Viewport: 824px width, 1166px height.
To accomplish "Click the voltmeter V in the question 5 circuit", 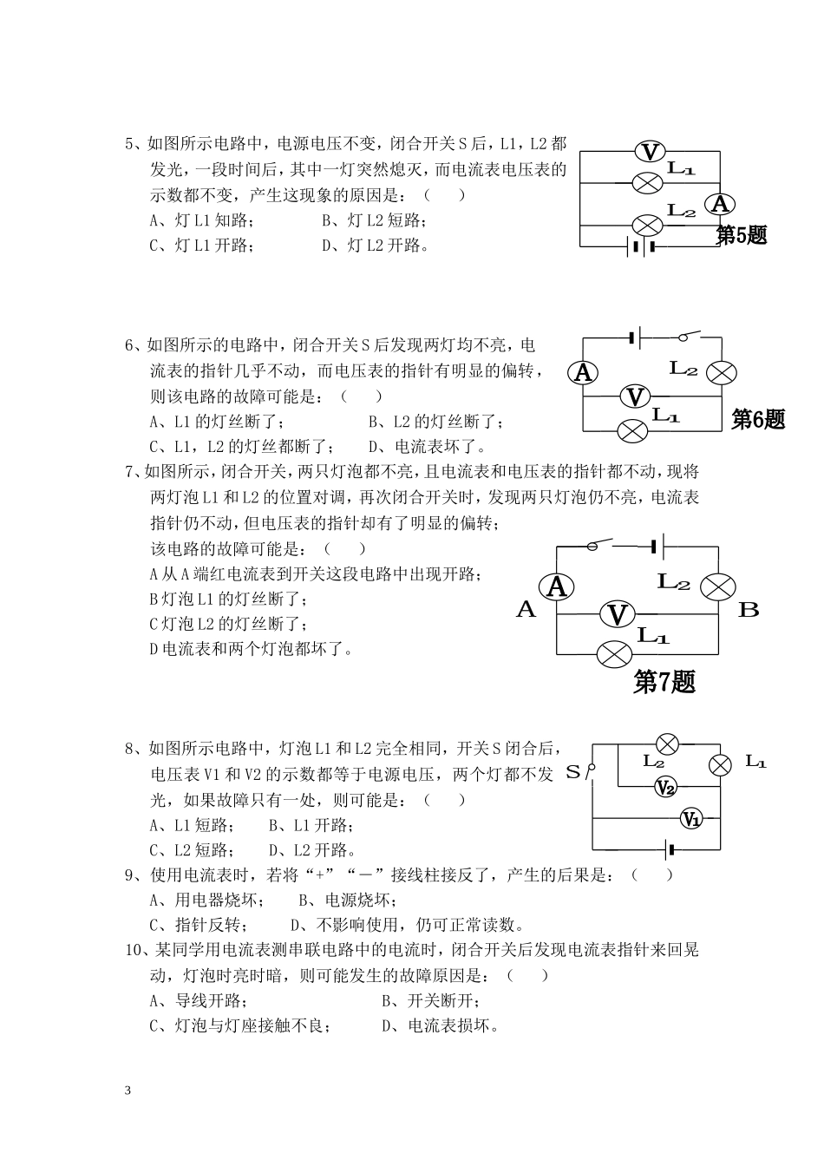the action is click(649, 153).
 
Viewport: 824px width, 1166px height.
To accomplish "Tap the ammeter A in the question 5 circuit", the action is click(719, 204).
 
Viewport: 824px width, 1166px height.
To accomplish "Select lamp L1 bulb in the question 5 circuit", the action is click(646, 183).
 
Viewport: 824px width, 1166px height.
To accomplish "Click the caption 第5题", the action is click(742, 234).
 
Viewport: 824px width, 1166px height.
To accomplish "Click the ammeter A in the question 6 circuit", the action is click(584, 373).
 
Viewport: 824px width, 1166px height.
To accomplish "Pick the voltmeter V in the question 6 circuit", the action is click(636, 396).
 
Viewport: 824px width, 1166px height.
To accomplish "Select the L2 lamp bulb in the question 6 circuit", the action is click(722, 373).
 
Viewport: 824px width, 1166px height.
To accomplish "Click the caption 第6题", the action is click(758, 419).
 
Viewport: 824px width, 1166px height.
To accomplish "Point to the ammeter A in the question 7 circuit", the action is click(557, 587).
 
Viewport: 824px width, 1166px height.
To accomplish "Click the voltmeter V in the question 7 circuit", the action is click(618, 614).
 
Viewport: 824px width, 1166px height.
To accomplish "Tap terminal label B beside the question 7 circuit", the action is click(749, 610).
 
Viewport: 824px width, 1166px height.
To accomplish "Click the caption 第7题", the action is click(664, 682).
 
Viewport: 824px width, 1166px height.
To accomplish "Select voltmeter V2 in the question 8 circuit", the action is click(665, 788).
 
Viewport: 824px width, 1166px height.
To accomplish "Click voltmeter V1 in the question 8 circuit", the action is click(690, 818).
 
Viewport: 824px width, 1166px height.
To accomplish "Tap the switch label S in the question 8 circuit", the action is click(573, 771).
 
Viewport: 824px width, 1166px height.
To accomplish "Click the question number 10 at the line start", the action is click(134, 950).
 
